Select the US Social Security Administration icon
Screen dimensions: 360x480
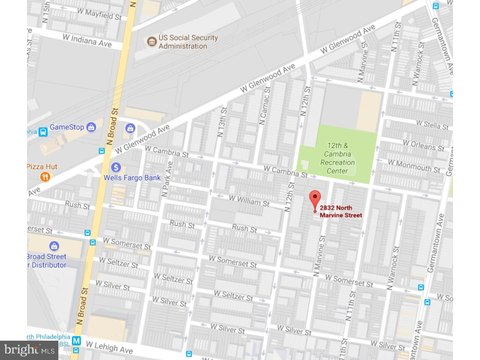[x=152, y=42]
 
